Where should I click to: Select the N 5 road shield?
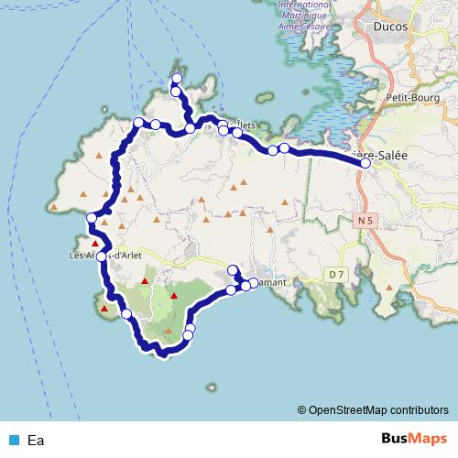366,220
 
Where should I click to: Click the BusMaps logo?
415,439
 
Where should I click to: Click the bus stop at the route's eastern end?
365,165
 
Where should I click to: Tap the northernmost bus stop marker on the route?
175,79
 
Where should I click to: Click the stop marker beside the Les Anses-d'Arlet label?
102,256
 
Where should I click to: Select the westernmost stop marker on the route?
90,218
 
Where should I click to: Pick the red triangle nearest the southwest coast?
104,310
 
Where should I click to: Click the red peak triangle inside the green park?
173,296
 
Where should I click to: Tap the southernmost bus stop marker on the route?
188,336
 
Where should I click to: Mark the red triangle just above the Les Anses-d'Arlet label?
95,243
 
